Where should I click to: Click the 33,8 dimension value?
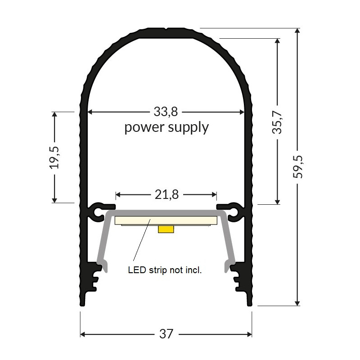click(x=166, y=111)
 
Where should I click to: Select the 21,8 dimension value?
click(x=166, y=195)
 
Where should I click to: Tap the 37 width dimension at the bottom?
click(x=166, y=334)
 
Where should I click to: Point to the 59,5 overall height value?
click(x=298, y=166)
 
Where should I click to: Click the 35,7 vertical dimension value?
click(x=277, y=122)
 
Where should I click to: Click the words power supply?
click(x=166, y=127)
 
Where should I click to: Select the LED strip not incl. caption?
click(x=165, y=270)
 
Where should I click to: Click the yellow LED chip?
click(x=166, y=229)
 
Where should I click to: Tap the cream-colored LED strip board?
click(x=135, y=220)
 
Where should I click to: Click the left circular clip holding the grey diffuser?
click(x=98, y=211)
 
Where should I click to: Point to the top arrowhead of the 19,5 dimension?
click(x=55, y=115)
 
